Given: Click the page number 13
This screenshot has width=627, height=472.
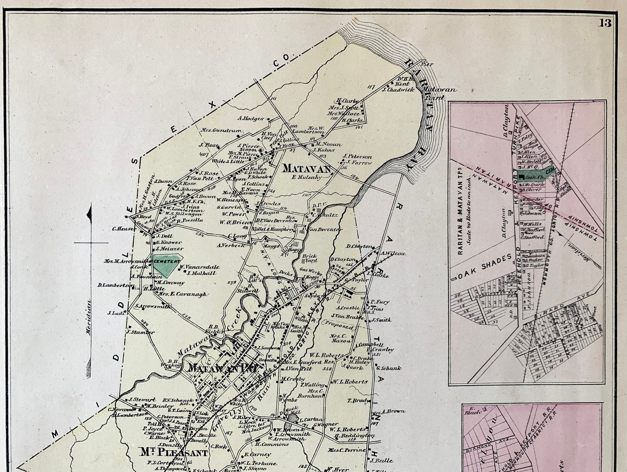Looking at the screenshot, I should click(x=605, y=23).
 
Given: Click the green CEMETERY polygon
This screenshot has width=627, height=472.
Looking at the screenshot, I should click(x=167, y=265).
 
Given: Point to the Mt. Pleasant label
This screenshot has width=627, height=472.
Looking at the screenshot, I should click(x=174, y=452).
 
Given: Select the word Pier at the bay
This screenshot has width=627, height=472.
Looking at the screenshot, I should click(x=424, y=64).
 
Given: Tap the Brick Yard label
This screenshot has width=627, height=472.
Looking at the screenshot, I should click(x=310, y=258).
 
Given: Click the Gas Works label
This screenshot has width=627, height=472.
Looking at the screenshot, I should click(x=309, y=270).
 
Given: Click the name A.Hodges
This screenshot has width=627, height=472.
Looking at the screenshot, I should click(x=250, y=118).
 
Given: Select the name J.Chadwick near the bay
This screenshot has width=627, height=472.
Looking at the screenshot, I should click(x=398, y=90).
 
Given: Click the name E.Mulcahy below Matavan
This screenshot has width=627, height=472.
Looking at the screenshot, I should click(x=307, y=177).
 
